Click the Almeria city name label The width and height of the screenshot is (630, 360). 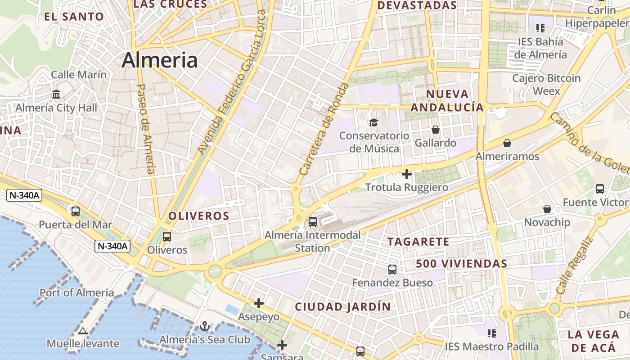(x=159, y=60)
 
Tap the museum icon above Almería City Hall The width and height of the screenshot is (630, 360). (x=56, y=94)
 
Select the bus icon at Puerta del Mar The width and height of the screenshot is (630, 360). (x=76, y=211)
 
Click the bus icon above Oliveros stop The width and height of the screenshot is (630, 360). (x=167, y=236)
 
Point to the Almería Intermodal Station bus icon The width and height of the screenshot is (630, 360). (x=312, y=221)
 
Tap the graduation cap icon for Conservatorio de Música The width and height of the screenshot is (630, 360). (x=373, y=122)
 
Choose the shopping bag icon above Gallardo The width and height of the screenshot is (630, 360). (x=436, y=130)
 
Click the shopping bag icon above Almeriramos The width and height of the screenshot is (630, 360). (x=507, y=143)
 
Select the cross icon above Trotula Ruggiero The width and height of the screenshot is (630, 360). (x=407, y=174)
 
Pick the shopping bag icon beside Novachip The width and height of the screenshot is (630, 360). (x=547, y=209)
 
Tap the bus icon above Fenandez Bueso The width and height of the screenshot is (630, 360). (x=392, y=270)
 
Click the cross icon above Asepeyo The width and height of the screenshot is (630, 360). (x=259, y=303)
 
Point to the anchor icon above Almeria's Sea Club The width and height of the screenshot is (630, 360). (x=205, y=326)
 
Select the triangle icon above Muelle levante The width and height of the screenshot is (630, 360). (x=82, y=331)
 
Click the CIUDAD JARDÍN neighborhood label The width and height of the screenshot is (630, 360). (x=343, y=307)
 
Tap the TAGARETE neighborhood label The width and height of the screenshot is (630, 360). (x=418, y=242)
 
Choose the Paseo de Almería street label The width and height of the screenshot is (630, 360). (x=146, y=129)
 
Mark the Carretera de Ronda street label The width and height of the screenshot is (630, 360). (x=324, y=129)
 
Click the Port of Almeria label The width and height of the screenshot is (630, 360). (x=77, y=292)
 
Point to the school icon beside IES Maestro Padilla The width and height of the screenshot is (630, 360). (x=492, y=333)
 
